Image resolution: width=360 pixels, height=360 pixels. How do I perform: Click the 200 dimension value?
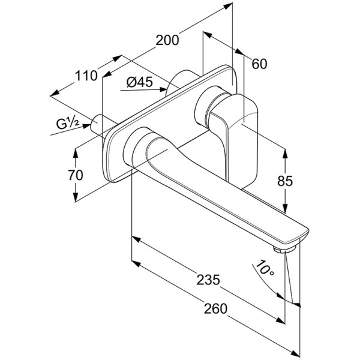pos(167,41)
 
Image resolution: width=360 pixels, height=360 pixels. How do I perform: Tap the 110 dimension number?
pos(86,76)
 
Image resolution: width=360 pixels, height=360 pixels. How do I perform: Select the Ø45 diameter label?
pos(140,83)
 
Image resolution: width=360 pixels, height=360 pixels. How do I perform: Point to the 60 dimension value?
pos(260,64)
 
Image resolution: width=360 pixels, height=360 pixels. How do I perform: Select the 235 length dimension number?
pos(207,280)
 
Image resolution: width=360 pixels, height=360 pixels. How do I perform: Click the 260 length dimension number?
pos(215,309)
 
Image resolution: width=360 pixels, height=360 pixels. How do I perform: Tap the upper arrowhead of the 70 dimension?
pos(76,151)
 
